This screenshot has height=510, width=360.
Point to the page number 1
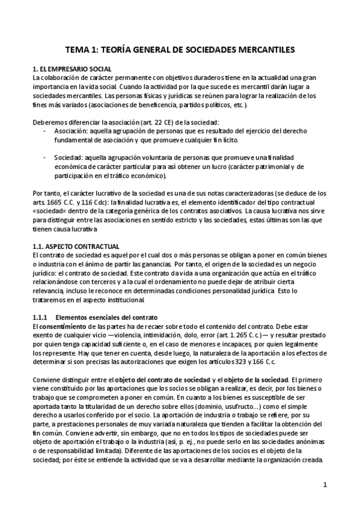point(325,485)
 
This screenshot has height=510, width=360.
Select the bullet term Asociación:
point(72,130)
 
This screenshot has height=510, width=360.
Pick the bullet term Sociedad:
point(69,157)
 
